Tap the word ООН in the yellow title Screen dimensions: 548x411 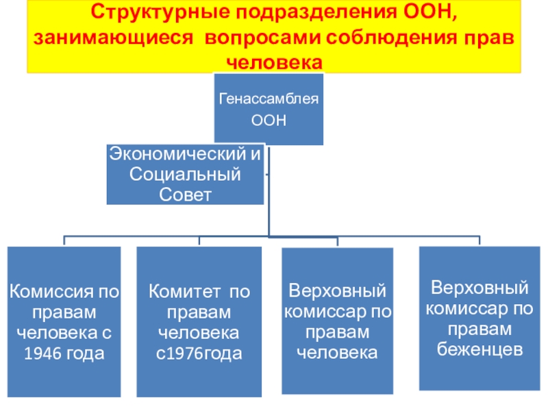click(430, 12)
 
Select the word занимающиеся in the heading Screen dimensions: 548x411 click(113, 38)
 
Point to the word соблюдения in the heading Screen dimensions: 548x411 click(392, 38)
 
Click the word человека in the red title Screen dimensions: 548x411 click(275, 62)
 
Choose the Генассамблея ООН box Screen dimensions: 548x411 click(269, 109)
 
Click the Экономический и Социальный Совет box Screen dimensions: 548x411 click(185, 174)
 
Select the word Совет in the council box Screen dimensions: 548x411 click(185, 195)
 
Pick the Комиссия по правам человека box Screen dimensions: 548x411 click(64, 321)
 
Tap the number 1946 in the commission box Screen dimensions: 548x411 click(38, 353)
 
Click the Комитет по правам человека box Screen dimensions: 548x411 click(199, 321)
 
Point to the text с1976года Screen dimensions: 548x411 click(199, 353)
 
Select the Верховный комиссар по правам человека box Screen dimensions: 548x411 click(337, 321)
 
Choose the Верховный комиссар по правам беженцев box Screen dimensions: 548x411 click(480, 318)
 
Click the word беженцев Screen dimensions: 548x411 click(480, 349)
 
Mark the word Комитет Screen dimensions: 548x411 click(184, 291)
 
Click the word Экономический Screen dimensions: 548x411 click(177, 153)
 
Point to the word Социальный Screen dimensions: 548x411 click(185, 174)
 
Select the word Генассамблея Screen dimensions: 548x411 click(269, 99)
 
